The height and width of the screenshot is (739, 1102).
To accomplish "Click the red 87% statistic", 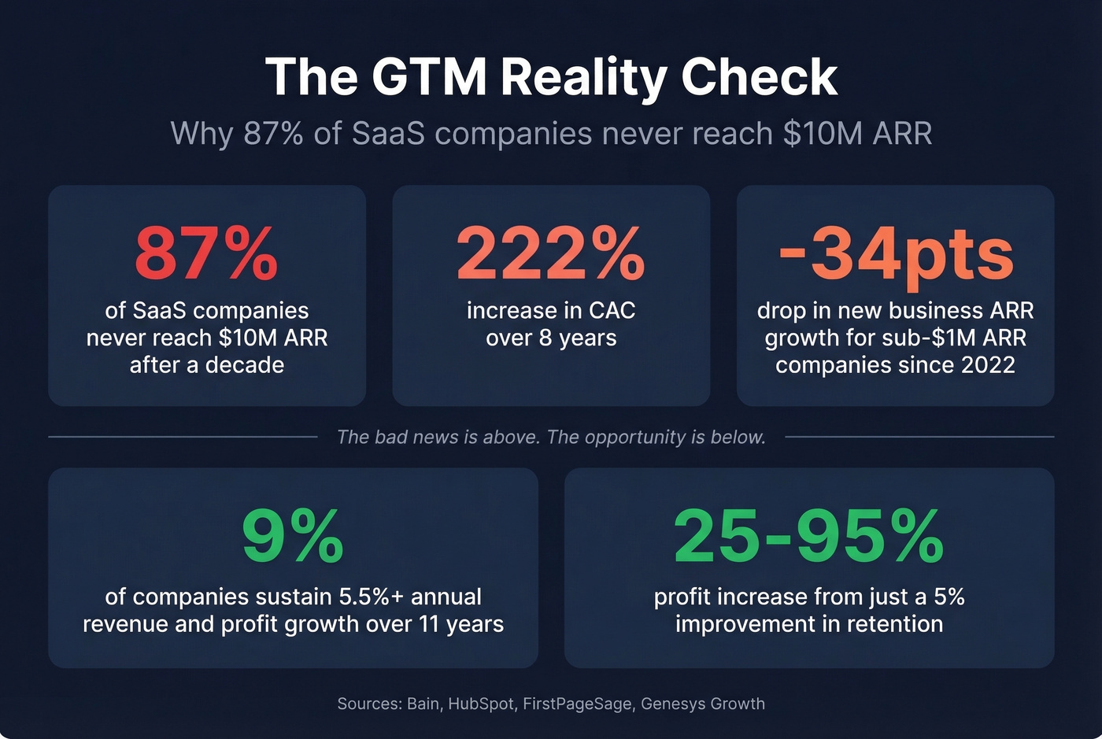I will click(x=206, y=253).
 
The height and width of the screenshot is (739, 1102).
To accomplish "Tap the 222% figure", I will click(x=551, y=253).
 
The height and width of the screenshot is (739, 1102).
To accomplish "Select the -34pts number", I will click(x=896, y=253).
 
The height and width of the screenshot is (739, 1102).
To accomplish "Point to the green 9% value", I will click(x=293, y=536).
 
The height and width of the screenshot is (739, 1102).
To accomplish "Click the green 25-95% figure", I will click(x=809, y=536).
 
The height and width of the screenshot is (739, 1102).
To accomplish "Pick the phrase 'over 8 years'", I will click(x=551, y=338).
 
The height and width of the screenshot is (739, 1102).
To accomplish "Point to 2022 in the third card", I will click(x=989, y=365).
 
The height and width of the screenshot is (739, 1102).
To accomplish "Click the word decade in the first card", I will click(x=245, y=365).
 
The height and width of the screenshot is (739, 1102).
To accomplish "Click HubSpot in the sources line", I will click(x=481, y=704).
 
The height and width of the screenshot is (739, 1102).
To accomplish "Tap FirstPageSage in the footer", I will click(x=577, y=704).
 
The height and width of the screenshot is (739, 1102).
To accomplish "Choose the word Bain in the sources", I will click(x=423, y=704).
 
